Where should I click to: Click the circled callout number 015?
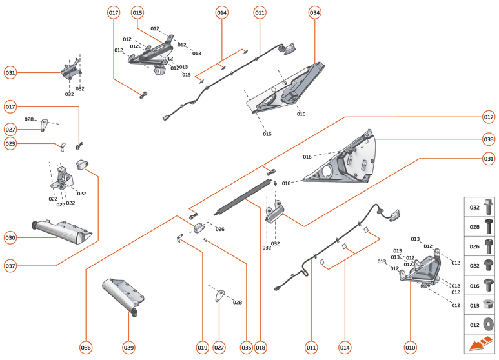click(x=137, y=13)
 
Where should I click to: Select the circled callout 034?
click(x=314, y=13)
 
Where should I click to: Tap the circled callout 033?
click(x=489, y=139)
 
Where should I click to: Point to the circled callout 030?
click(x=10, y=237)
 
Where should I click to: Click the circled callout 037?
click(x=10, y=265)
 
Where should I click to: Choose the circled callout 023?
click(x=10, y=145)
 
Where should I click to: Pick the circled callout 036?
click(x=86, y=348)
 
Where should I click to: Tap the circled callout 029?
click(x=128, y=348)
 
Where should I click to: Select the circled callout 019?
click(x=203, y=348)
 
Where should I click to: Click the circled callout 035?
click(x=245, y=348)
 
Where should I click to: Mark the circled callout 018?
click(x=260, y=348)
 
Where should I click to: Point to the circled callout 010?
click(x=410, y=348)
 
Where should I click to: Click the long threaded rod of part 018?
click(x=242, y=197)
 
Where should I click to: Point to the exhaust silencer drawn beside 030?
click(x=61, y=230)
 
